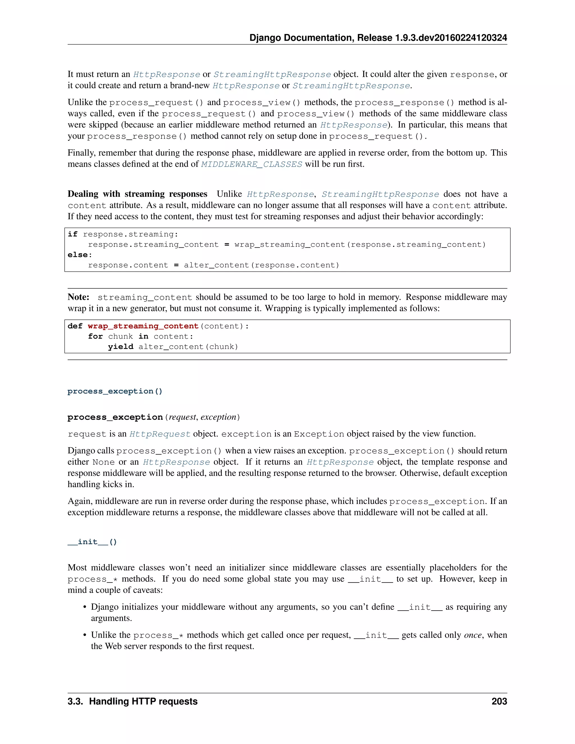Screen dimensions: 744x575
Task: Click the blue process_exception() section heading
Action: click(115, 391)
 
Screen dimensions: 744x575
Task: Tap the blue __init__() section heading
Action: click(92, 542)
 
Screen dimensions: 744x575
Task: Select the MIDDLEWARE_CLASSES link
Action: click(251, 164)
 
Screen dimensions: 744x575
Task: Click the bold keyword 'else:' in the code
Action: click(80, 255)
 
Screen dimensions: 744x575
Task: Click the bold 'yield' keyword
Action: click(120, 347)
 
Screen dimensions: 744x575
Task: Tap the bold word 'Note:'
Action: click(78, 297)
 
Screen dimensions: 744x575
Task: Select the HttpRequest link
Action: click(159, 434)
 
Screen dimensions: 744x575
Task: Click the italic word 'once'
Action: click(473, 635)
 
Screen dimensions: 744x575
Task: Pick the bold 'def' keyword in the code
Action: click(75, 326)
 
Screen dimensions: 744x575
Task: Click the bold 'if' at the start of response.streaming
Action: click(72, 234)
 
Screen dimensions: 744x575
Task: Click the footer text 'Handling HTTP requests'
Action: click(143, 701)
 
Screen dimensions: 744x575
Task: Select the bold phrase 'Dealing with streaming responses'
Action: click(137, 194)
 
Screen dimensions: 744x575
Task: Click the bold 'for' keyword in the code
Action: click(95, 337)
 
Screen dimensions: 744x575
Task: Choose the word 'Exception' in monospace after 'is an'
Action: click(319, 434)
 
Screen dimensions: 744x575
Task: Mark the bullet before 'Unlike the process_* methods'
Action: click(85, 635)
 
